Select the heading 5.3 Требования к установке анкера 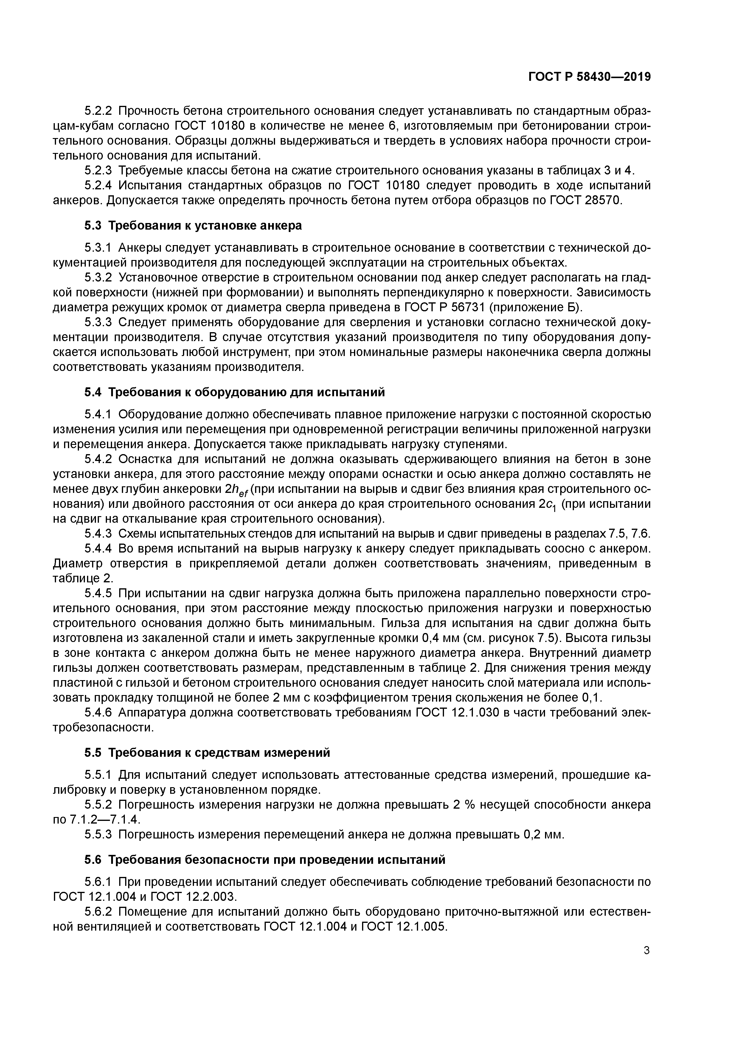pos(193,225)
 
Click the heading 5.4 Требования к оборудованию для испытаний pos(235,392)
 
